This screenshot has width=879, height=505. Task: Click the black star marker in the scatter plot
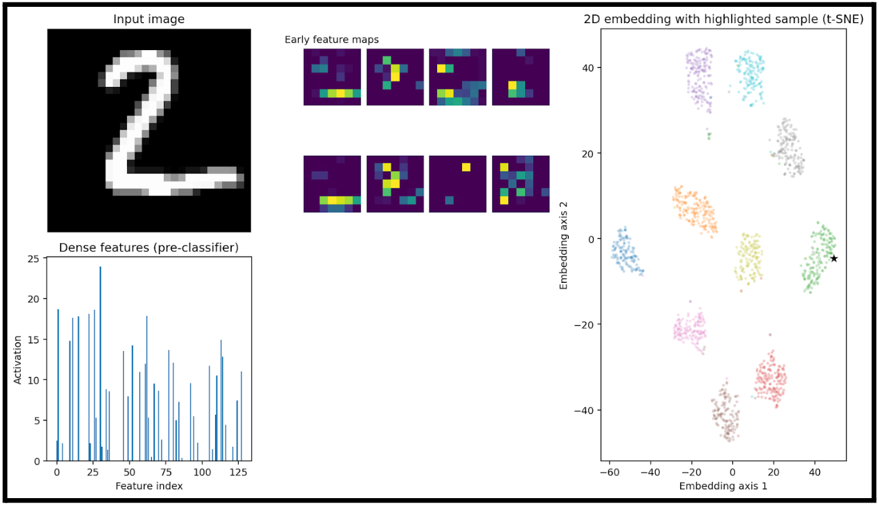[x=834, y=258]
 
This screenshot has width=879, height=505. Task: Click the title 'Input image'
[x=149, y=19]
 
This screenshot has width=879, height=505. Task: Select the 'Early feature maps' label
[x=331, y=39]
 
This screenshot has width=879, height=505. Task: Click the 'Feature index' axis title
[x=149, y=486]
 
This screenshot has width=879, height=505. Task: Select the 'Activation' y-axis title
[x=18, y=359]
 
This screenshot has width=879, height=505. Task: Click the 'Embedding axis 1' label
[x=723, y=486]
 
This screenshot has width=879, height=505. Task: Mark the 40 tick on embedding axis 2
[x=586, y=68]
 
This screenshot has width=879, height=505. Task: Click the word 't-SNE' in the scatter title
[x=845, y=19]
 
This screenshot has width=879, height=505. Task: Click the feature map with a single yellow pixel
[x=458, y=184]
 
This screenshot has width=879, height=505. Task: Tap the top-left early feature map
[x=332, y=76]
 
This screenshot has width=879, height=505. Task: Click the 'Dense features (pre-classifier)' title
[x=149, y=248]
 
